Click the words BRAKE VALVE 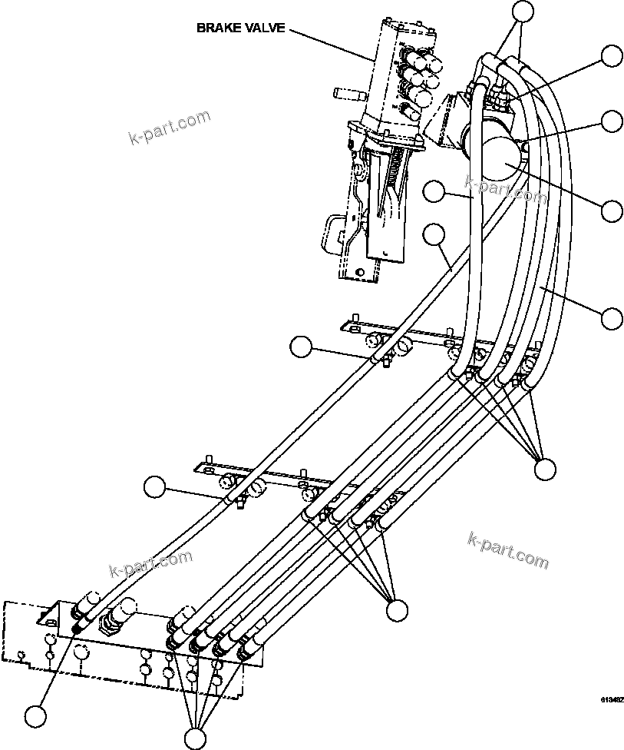(x=240, y=28)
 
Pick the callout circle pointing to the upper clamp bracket (x=302, y=347)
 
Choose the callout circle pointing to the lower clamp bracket (x=155, y=486)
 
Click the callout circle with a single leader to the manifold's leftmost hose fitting (x=35, y=716)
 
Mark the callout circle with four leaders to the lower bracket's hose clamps (x=397, y=610)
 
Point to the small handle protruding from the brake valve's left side (x=347, y=94)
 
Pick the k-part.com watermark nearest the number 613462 (x=507, y=550)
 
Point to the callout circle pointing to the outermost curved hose (x=612, y=317)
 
